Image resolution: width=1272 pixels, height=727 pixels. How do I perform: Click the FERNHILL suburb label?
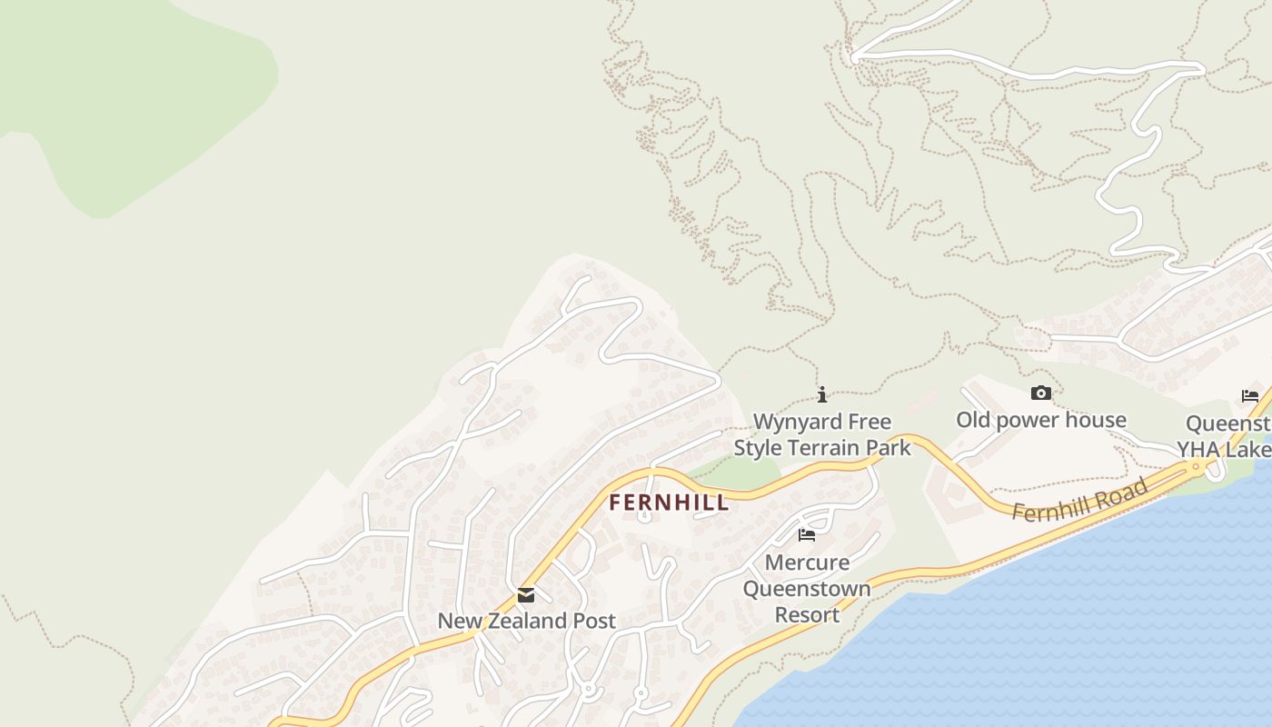[668, 503]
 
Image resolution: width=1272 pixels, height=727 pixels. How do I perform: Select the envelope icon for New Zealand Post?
[526, 596]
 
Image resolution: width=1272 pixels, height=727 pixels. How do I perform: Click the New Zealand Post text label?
[526, 621]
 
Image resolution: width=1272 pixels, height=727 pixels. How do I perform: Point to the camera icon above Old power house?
[1041, 393]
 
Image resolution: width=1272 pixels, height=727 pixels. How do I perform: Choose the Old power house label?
[1040, 420]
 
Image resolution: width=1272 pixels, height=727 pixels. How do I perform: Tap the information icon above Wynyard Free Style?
[822, 394]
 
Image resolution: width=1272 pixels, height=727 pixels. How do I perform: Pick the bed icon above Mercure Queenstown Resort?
[806, 535]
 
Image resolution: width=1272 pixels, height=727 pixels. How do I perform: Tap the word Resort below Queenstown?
[807, 615]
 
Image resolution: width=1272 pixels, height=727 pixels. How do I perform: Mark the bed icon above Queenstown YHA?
[1250, 396]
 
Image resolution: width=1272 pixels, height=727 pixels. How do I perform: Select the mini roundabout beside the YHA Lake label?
[1197, 467]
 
